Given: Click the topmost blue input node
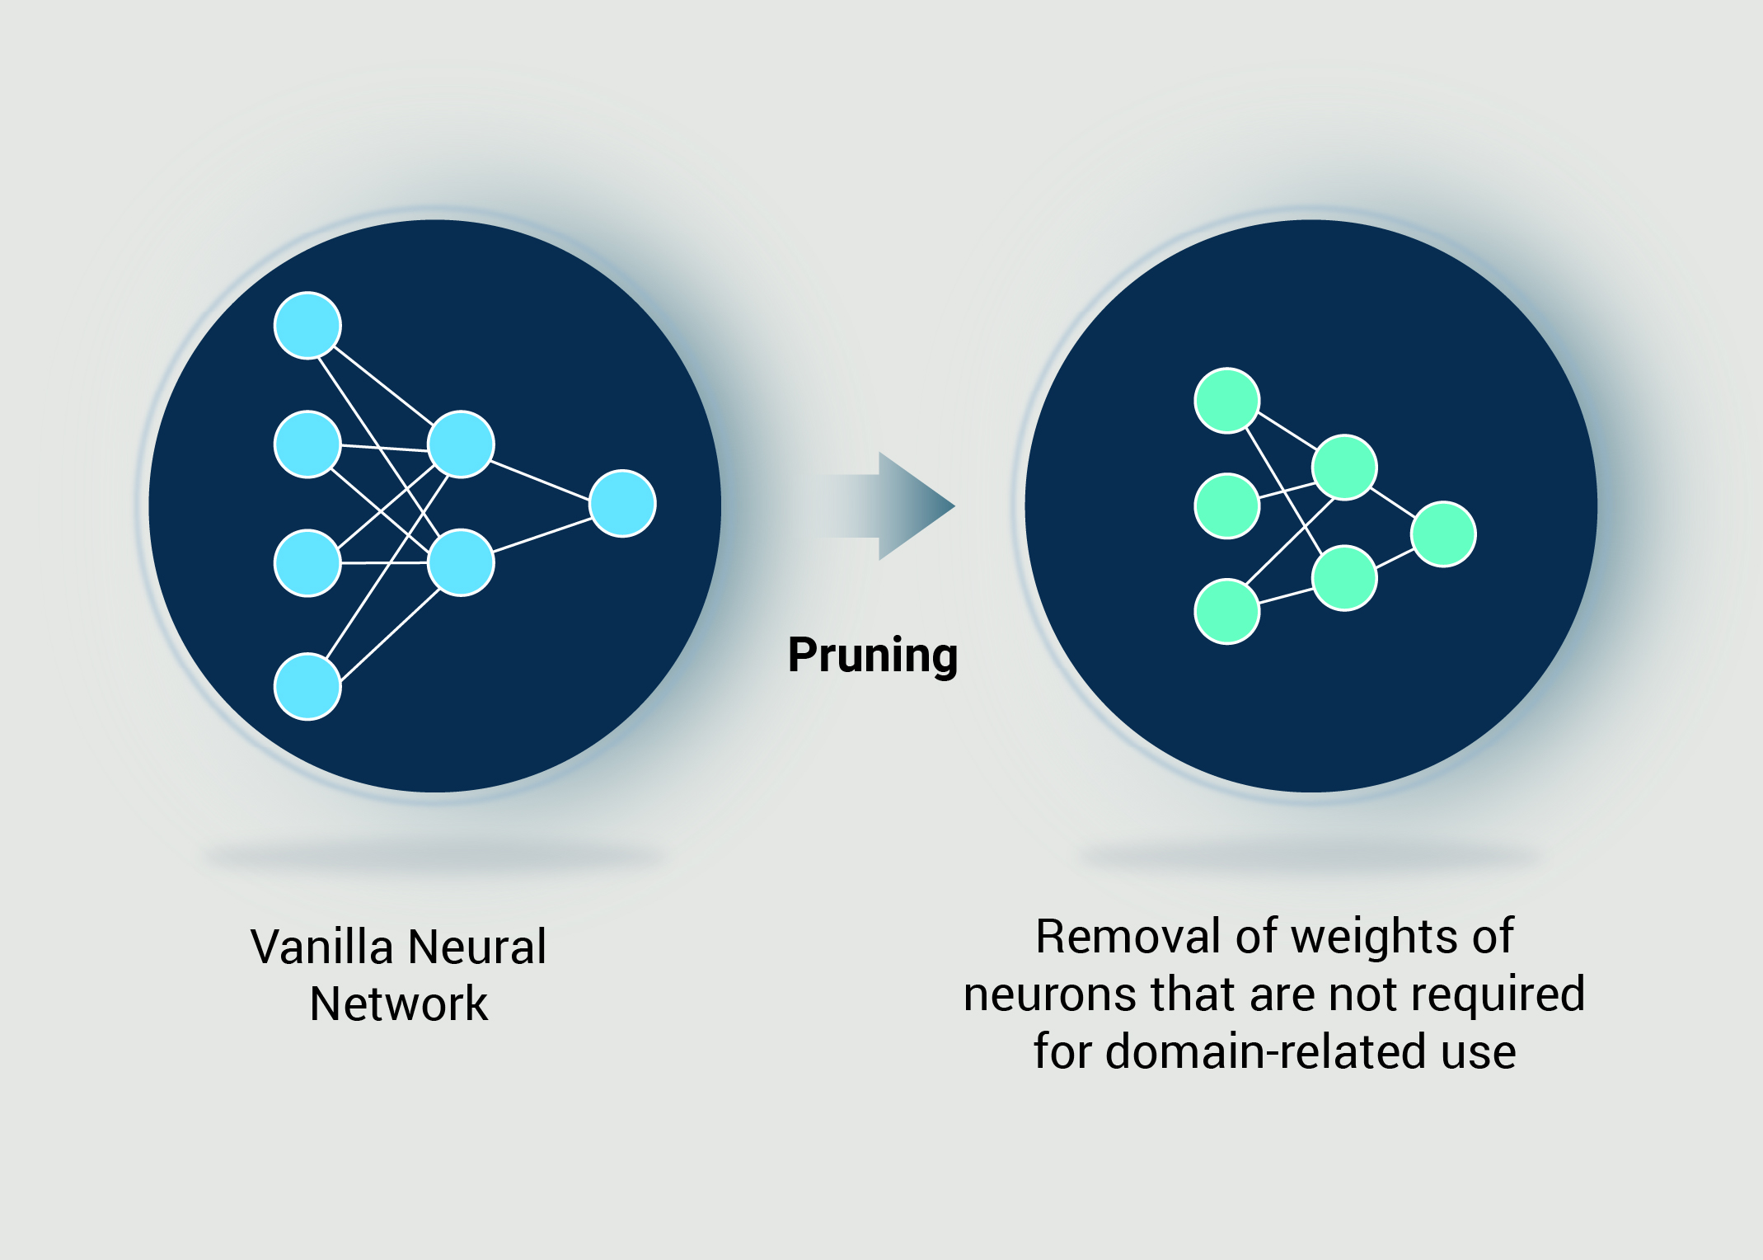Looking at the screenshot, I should click(x=307, y=326).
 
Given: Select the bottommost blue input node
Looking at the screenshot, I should click(x=307, y=686).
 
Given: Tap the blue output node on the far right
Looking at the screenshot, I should click(x=623, y=503).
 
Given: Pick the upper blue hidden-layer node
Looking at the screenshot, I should click(x=461, y=444).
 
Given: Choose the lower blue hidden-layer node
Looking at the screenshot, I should click(x=461, y=562).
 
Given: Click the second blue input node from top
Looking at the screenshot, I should click(x=307, y=444).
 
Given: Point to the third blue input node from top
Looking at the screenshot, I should click(x=307, y=562).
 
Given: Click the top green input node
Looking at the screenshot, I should click(x=1226, y=401).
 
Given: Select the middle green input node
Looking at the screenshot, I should click(x=1226, y=505).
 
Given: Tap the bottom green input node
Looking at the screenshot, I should click(x=1226, y=611).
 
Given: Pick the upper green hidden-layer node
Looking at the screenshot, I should click(x=1344, y=468).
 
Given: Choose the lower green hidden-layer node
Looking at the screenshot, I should click(x=1344, y=578).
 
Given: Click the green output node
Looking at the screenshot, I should click(x=1443, y=534).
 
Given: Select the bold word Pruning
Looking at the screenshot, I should click(x=873, y=656).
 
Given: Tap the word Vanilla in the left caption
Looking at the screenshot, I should click(x=322, y=947).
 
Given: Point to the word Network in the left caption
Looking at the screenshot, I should click(x=399, y=1004).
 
